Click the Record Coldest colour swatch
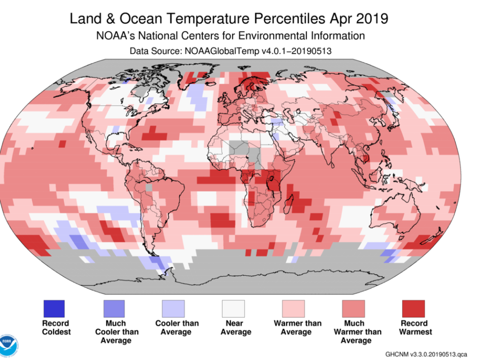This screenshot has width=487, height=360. (53, 309)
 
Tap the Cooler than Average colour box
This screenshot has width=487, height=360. (173, 309)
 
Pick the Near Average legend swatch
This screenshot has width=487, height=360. (233, 309)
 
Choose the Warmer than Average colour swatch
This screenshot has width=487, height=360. (293, 309)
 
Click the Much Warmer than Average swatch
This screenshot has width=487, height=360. (353, 309)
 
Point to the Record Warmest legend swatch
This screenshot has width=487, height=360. (413, 309)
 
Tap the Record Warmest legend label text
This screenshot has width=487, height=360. (415, 328)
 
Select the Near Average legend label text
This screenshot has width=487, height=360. (235, 328)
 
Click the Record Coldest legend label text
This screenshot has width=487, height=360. (56, 328)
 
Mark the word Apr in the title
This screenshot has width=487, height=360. (337, 19)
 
